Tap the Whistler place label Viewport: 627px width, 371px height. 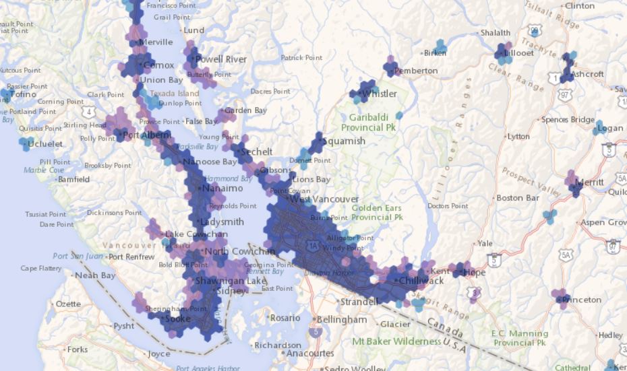[x=380, y=94]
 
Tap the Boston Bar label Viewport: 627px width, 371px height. [x=518, y=198]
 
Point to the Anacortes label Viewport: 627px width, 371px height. [x=309, y=353]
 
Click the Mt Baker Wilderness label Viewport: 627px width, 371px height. [x=398, y=341]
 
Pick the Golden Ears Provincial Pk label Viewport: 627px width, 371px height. [x=376, y=213]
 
